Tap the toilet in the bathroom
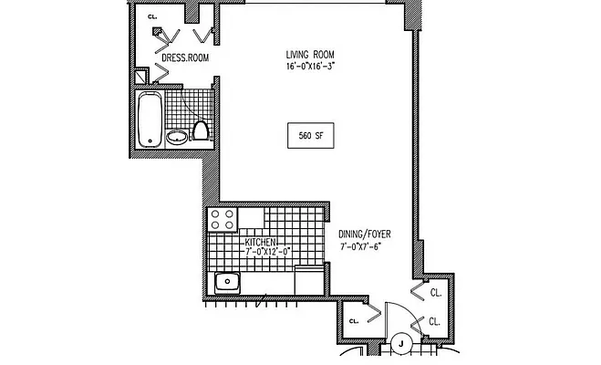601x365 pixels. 202,131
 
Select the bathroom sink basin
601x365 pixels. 177,138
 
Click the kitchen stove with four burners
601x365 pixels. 222,219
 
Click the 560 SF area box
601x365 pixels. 311,135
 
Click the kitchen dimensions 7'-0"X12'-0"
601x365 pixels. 266,251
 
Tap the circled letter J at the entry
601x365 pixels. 401,344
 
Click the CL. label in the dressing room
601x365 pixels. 152,16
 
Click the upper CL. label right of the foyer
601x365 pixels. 435,294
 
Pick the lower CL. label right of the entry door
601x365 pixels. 435,322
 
